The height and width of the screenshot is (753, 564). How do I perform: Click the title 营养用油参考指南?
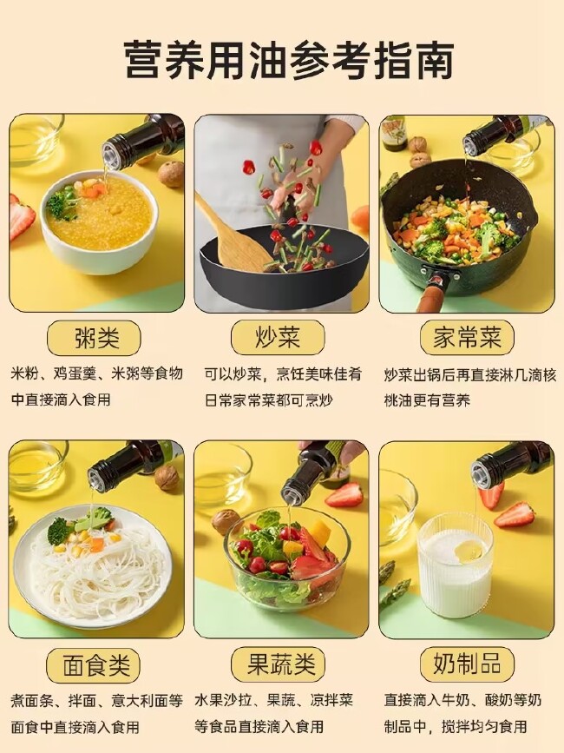tap(289, 60)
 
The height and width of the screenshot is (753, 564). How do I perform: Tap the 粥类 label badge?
tap(94, 338)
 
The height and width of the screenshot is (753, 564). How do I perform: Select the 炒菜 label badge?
tap(278, 338)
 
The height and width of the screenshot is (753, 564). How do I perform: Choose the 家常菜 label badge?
tap(467, 338)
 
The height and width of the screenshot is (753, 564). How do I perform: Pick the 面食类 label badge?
tap(94, 665)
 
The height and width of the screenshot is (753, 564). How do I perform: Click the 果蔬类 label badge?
tap(278, 665)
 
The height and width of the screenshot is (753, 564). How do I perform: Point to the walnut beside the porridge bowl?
tap(171, 174)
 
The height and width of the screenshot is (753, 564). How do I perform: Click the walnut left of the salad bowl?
tap(226, 522)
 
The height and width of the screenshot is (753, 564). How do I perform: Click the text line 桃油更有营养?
tap(427, 400)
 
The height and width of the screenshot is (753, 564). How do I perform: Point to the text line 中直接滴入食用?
tap(61, 400)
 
